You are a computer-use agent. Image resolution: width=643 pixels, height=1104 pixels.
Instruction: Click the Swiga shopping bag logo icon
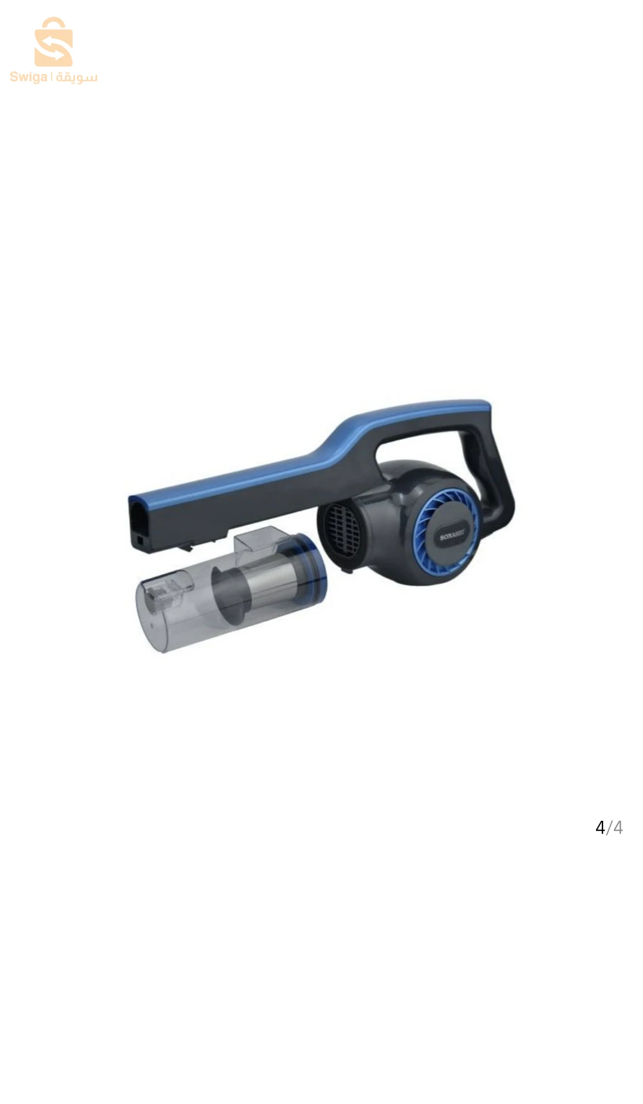(54, 43)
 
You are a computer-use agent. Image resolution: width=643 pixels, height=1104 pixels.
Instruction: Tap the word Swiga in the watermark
(28, 77)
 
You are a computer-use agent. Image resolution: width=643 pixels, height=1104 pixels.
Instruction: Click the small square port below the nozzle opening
(139, 541)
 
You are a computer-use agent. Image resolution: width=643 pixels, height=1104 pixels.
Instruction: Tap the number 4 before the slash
(600, 827)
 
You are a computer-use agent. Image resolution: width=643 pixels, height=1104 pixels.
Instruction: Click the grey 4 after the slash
(618, 827)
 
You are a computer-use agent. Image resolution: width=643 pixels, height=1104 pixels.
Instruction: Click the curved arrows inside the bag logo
(54, 48)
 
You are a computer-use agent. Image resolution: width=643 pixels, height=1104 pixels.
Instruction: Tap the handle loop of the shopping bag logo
(54, 23)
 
